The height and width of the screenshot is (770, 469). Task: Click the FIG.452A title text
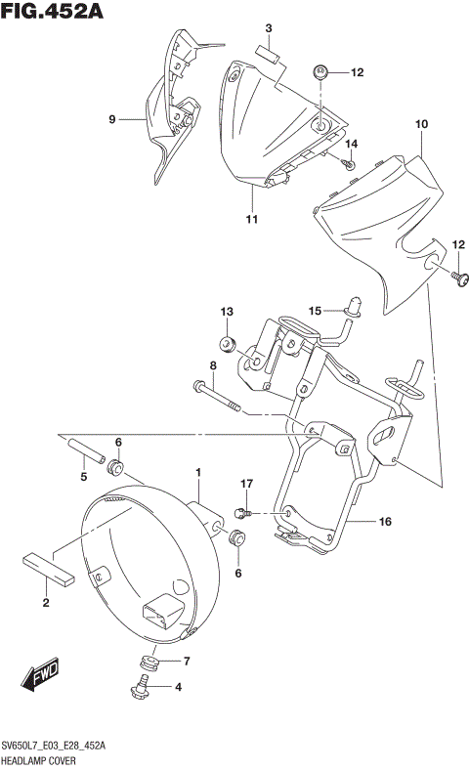(x=53, y=12)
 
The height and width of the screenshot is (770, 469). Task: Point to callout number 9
(x=112, y=119)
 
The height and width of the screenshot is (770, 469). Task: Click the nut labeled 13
(x=227, y=344)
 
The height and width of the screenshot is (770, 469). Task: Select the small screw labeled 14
(x=349, y=165)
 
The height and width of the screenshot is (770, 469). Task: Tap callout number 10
(x=422, y=124)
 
